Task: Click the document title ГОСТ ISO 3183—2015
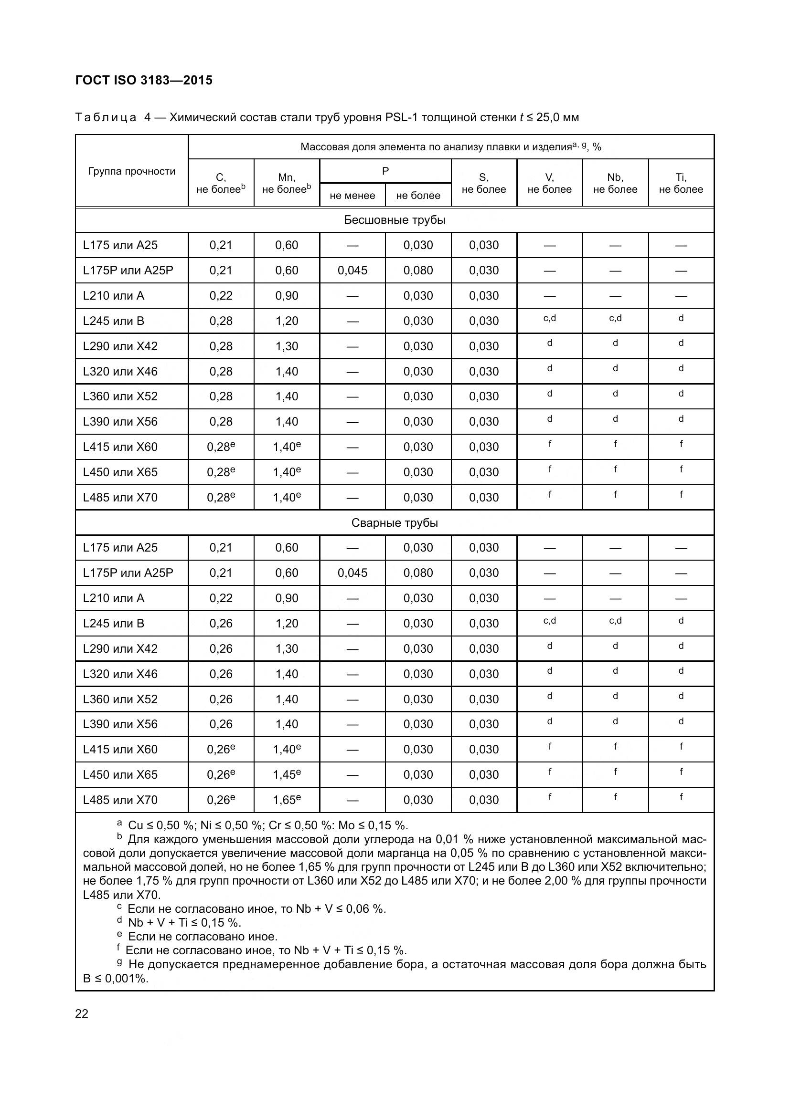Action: coord(144,80)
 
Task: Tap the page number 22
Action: coord(82,1013)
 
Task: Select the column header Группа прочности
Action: coord(132,171)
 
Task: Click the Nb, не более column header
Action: coord(615,183)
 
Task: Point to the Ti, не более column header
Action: coord(681,183)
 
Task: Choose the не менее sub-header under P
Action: coord(352,196)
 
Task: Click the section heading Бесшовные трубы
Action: coord(395,219)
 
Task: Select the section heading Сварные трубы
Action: coord(395,522)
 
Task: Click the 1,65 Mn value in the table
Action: coord(286,800)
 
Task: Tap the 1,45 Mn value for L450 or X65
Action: coord(286,775)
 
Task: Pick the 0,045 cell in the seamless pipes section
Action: coord(352,270)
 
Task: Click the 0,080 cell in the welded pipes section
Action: coord(418,573)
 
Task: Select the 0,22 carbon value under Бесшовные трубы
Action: coord(221,295)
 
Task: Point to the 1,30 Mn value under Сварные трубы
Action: coord(287,648)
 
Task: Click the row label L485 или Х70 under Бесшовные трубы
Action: coord(120,497)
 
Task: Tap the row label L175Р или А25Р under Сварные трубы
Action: coord(128,573)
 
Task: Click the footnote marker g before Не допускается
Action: coord(120,962)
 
